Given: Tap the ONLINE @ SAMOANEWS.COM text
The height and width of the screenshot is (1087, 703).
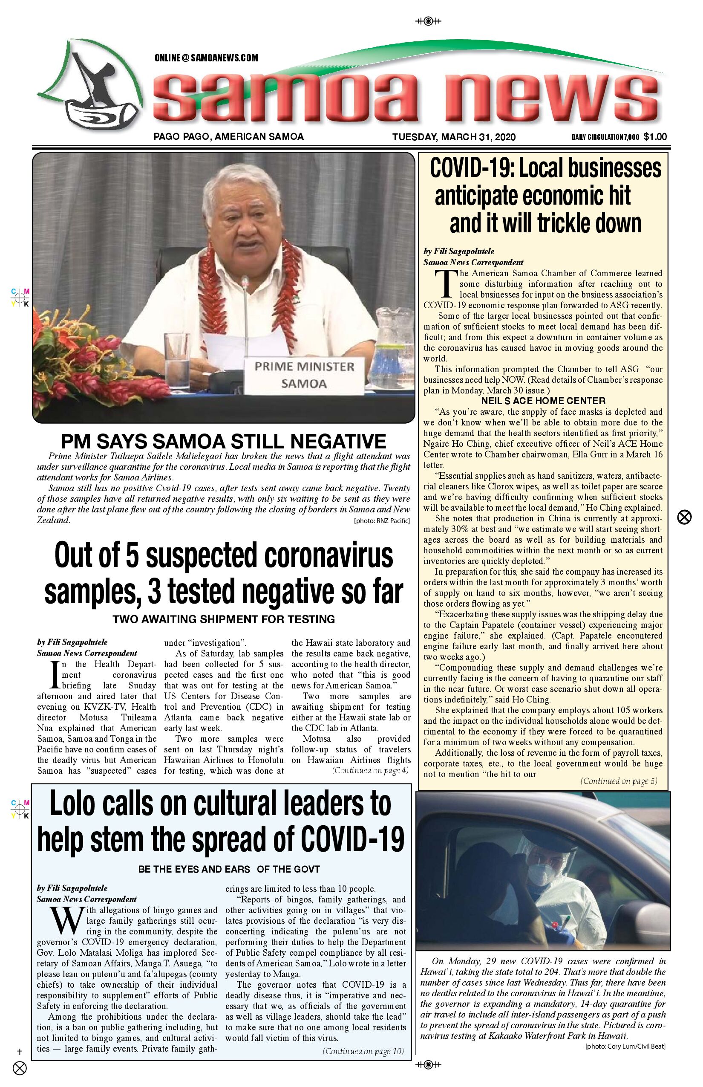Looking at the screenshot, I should [206, 58].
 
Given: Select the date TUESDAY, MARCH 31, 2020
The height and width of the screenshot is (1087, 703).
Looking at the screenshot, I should [454, 137].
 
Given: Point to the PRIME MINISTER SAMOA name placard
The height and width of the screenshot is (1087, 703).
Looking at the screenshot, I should [304, 375].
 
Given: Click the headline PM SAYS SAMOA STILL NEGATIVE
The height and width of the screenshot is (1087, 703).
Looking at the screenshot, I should [223, 442].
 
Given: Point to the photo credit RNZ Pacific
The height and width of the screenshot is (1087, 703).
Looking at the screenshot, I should [382, 520].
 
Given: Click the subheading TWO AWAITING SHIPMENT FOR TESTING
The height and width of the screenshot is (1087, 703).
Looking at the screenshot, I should [224, 619].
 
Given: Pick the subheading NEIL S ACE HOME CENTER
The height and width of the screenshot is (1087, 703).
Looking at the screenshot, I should [543, 401].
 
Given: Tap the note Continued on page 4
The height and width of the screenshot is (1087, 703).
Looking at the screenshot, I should [370, 771].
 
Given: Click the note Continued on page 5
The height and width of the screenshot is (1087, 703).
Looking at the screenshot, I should [619, 781].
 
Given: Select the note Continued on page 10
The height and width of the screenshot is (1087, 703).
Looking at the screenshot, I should [363, 1051].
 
